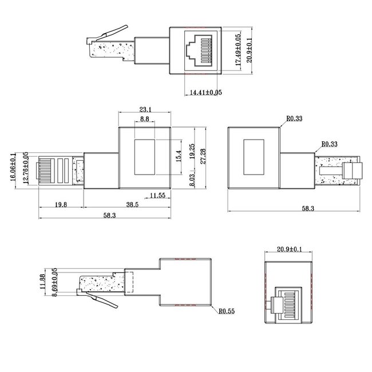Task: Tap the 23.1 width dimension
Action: (145, 109)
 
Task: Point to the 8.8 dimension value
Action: (145, 119)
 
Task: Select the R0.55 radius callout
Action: (227, 312)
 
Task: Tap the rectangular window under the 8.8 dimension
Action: (145, 155)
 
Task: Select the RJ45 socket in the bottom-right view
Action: (290, 302)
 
